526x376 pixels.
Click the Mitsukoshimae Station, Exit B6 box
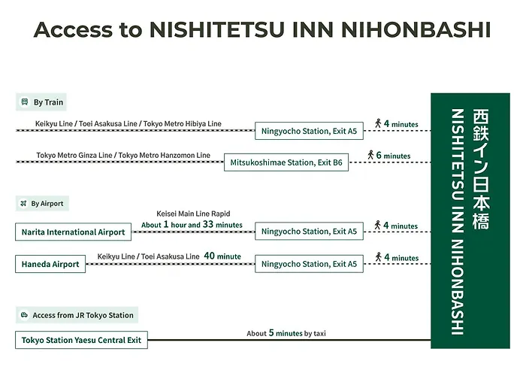(x=286, y=162)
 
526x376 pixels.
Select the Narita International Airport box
(x=74, y=232)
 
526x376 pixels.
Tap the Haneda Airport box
(x=50, y=264)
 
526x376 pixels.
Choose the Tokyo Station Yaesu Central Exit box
(x=80, y=339)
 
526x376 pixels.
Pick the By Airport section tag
(x=42, y=203)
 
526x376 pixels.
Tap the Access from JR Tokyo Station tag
(x=77, y=315)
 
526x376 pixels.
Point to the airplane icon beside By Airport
(x=24, y=203)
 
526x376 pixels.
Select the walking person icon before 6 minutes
(x=371, y=155)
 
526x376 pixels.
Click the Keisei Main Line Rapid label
(x=193, y=214)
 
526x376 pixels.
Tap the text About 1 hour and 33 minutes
(x=192, y=225)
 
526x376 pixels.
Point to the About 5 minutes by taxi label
(x=286, y=333)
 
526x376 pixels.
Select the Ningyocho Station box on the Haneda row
(x=309, y=264)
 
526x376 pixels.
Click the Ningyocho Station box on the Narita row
(x=309, y=232)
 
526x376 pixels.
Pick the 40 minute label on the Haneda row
(x=222, y=256)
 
